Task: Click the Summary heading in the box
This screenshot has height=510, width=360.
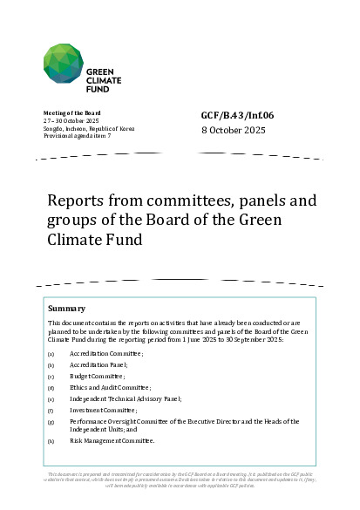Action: (66, 309)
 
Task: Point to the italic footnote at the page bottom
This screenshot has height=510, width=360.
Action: (180, 480)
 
